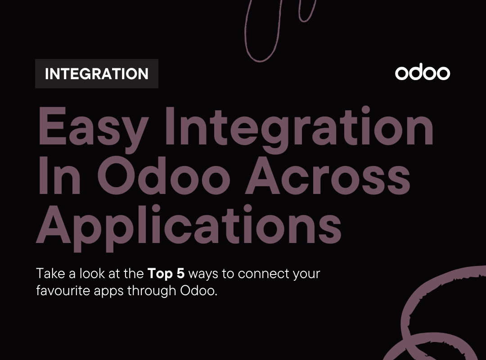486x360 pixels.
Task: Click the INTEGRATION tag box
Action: (96, 74)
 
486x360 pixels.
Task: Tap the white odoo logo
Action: (422, 73)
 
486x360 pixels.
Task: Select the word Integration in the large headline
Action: (299, 127)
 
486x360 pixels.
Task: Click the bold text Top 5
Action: (166, 273)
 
